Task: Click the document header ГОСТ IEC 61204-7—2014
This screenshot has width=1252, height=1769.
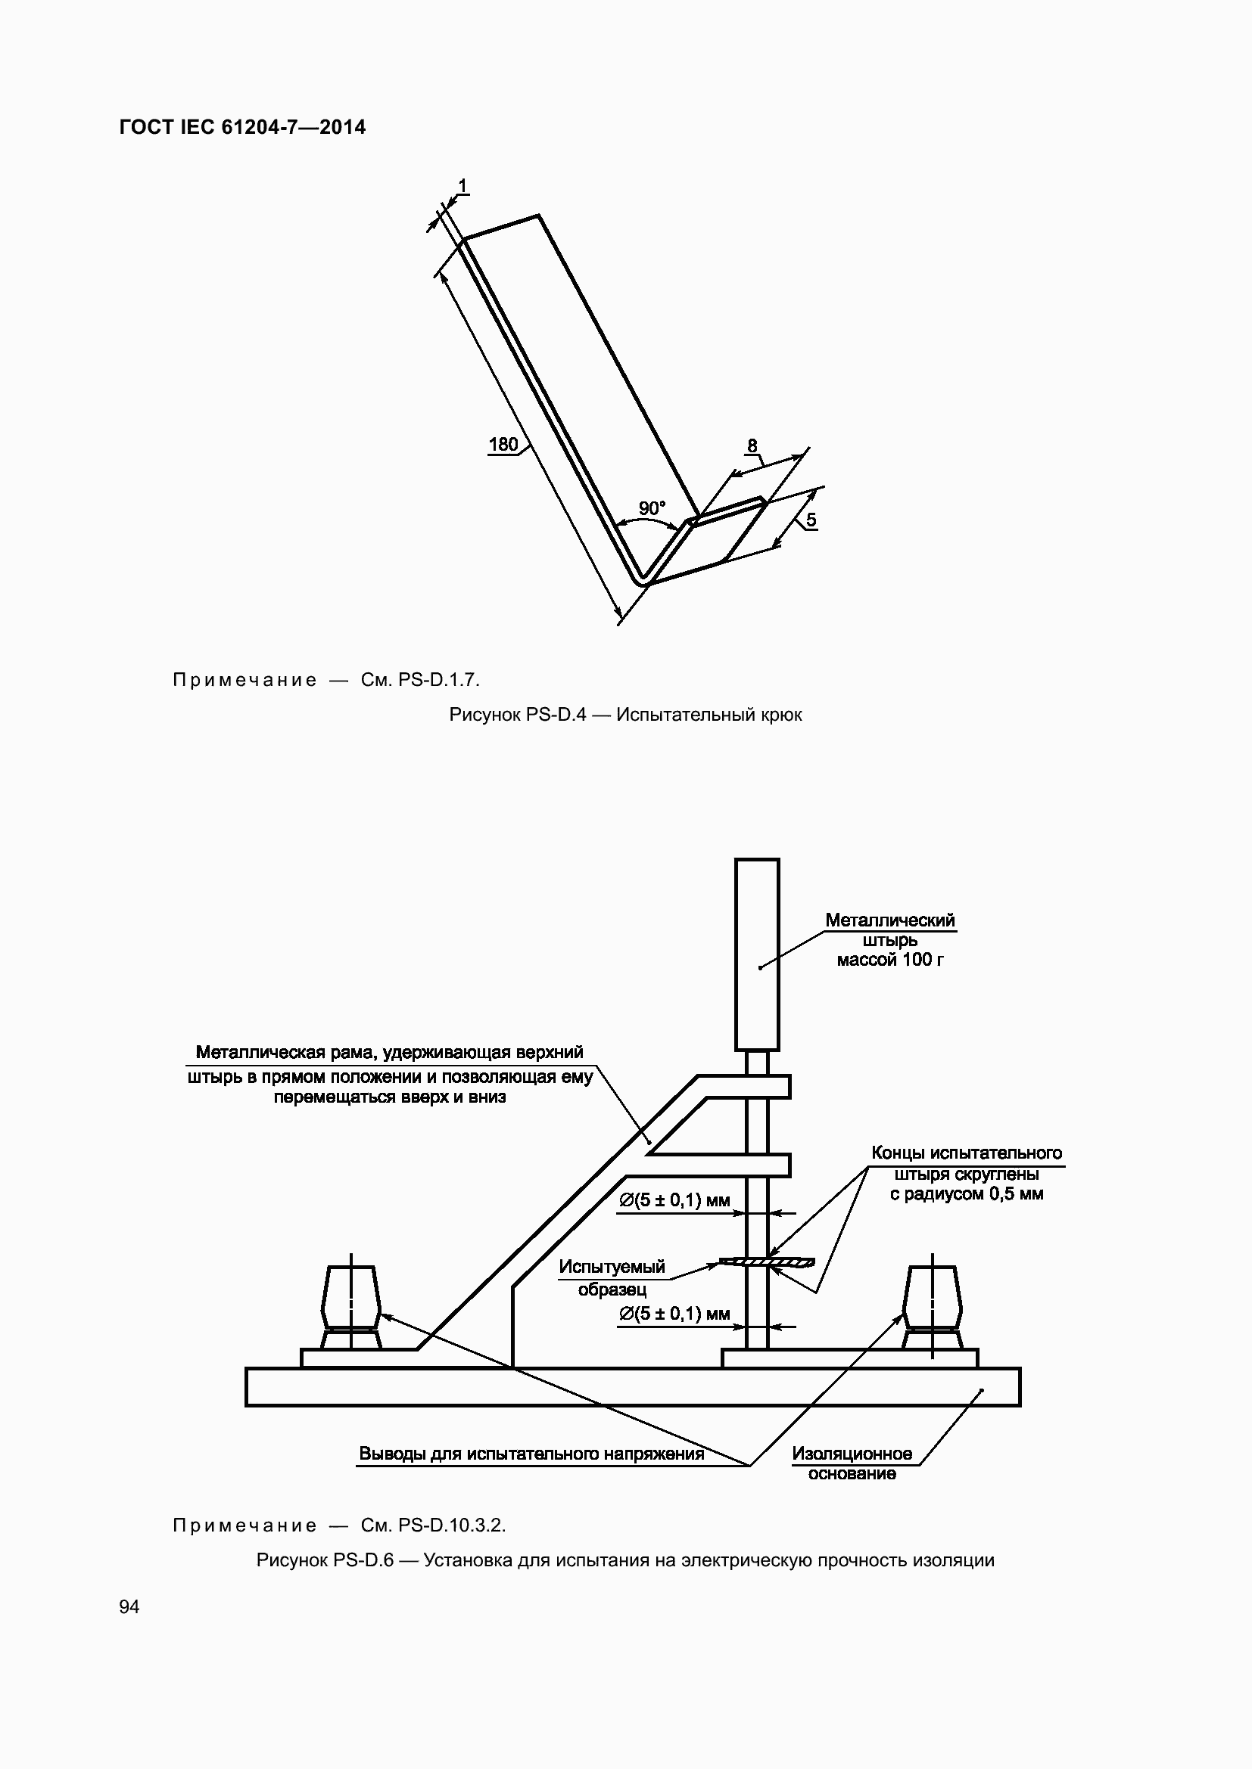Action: (x=243, y=128)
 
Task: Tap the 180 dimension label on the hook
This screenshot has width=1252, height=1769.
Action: (x=503, y=445)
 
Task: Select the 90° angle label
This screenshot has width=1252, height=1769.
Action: (x=652, y=508)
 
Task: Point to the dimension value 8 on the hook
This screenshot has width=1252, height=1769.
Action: (x=752, y=445)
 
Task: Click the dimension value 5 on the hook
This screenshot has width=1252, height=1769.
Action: (x=811, y=520)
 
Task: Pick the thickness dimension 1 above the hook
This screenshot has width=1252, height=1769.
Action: (x=462, y=186)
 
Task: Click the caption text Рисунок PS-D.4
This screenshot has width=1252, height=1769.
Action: (x=517, y=715)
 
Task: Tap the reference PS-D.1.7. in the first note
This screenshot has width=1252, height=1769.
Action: (x=439, y=680)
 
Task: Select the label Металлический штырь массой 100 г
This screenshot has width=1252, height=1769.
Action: (x=890, y=940)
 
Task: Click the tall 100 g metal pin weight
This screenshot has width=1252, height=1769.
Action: (x=757, y=954)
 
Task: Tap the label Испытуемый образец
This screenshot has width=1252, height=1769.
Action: (x=612, y=1278)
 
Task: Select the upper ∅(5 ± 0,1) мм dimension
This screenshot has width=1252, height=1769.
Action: (x=674, y=1200)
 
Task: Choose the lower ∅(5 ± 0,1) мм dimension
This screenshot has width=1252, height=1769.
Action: (x=674, y=1314)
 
